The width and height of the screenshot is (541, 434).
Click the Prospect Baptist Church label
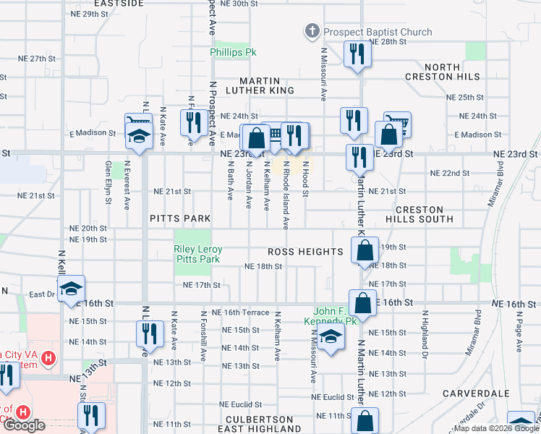coord(378,32)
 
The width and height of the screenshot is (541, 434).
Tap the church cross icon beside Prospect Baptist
coord(312,31)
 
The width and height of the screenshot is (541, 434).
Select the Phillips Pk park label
coord(234,53)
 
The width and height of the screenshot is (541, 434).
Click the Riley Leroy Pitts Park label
coord(197,254)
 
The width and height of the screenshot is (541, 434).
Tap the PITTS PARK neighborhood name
coord(180,218)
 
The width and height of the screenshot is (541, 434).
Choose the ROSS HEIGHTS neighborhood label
coord(304,252)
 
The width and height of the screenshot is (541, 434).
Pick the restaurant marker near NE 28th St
coord(356,55)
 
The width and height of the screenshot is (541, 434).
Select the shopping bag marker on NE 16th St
coord(362,302)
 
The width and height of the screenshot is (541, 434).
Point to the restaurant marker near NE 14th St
coord(148,333)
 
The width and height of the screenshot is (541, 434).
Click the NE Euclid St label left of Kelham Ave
coord(241,404)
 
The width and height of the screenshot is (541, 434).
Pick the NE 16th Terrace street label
coord(246,312)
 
